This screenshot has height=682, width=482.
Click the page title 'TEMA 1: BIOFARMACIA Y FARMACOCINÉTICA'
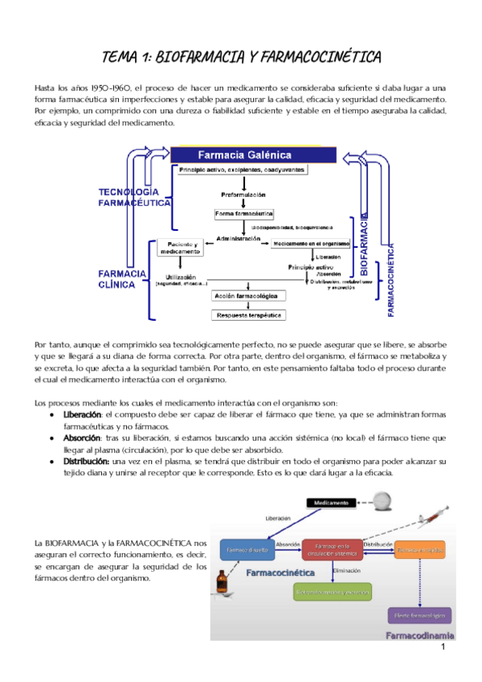tap(241, 56)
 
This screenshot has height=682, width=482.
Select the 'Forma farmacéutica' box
tap(244, 214)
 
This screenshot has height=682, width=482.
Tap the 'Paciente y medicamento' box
tap(181, 248)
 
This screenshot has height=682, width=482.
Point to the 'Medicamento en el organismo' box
tap(311, 243)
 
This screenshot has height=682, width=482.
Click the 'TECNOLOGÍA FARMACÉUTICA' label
tap(133, 198)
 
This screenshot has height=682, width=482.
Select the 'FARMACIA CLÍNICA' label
tap(122, 278)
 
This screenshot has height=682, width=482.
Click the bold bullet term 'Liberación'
tap(82, 413)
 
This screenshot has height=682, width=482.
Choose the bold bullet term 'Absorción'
tap(81, 438)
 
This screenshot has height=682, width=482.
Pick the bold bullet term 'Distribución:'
tap(87, 462)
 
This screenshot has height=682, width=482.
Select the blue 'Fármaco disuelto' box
tap(247, 550)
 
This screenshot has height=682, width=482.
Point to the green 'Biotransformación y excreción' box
tap(332, 593)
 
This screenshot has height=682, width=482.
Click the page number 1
tap(443, 647)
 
